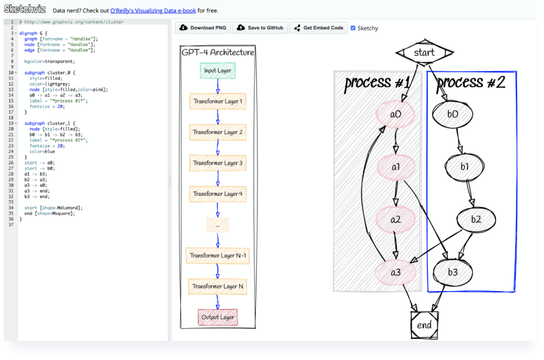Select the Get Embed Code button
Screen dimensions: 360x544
point(318,28)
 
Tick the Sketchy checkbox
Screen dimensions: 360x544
point(353,28)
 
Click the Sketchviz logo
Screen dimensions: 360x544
point(25,9)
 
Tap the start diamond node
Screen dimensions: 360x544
point(424,53)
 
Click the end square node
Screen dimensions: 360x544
point(424,325)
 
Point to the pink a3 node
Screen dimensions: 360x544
point(395,273)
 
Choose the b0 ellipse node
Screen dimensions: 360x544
point(452,114)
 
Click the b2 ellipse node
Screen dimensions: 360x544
point(476,220)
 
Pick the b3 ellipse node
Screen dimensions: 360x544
point(452,273)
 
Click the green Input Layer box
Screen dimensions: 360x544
point(217,71)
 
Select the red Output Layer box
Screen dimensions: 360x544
point(217,317)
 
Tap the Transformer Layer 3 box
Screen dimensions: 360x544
point(217,163)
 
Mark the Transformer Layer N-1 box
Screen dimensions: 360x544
point(217,256)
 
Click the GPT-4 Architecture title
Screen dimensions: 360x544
point(217,53)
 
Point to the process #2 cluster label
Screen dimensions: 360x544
point(471,83)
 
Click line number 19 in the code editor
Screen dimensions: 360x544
point(11,123)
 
